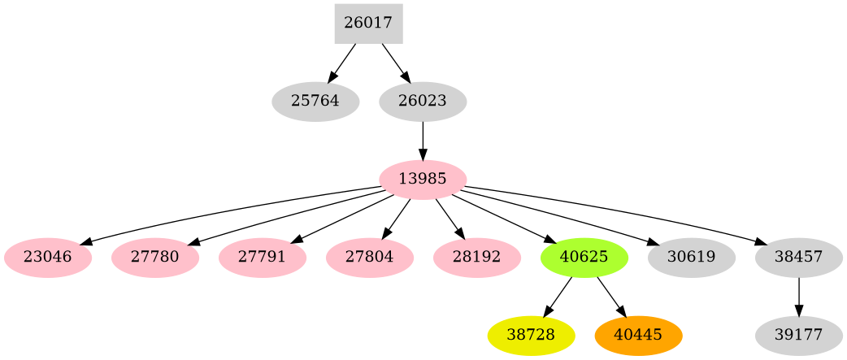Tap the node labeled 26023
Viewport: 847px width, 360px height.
[423, 102]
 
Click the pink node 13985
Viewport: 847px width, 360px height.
[423, 180]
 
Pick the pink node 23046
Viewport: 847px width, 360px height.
[47, 258]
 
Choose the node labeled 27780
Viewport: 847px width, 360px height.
[154, 258]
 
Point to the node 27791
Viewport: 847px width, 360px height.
[262, 258]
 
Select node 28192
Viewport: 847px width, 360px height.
[476, 258]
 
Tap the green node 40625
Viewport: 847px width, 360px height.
[584, 258]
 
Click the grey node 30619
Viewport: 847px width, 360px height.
[691, 258]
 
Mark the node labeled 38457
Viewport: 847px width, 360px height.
[798, 258]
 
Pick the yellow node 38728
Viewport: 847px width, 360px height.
[531, 335]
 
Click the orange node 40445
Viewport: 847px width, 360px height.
[638, 335]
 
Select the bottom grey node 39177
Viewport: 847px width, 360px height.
[798, 335]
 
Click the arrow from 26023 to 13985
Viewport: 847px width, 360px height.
[423, 140]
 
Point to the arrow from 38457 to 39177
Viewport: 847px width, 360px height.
[798, 296]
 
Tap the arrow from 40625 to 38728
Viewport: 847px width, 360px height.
[558, 295]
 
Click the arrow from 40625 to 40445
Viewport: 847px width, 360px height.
[610, 296]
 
